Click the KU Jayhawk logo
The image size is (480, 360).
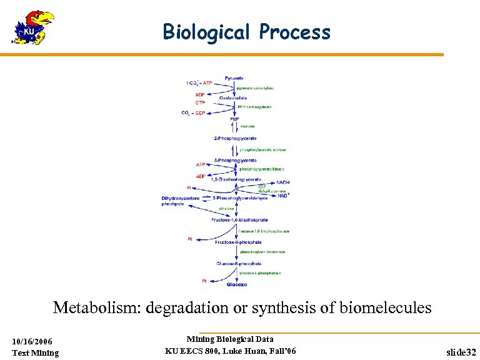point(32,27)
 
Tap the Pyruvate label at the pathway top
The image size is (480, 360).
point(234,78)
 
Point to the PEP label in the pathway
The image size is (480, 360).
point(234,119)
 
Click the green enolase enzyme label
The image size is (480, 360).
point(247,127)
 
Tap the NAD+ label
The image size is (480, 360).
point(284,195)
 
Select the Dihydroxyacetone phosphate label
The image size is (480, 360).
point(181,201)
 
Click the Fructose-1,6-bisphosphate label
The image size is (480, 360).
point(240,220)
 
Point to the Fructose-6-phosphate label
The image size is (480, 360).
point(238,242)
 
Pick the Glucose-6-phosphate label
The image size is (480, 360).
point(238,263)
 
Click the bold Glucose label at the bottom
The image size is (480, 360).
point(236,284)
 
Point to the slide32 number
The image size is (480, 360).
point(461,352)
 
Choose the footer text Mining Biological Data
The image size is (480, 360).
point(230,339)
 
